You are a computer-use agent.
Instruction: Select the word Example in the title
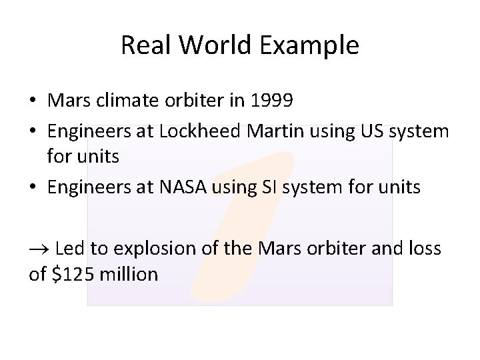311,45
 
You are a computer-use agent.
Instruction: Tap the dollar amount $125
70,273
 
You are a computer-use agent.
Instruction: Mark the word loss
423,249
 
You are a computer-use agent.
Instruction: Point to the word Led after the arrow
69,249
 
